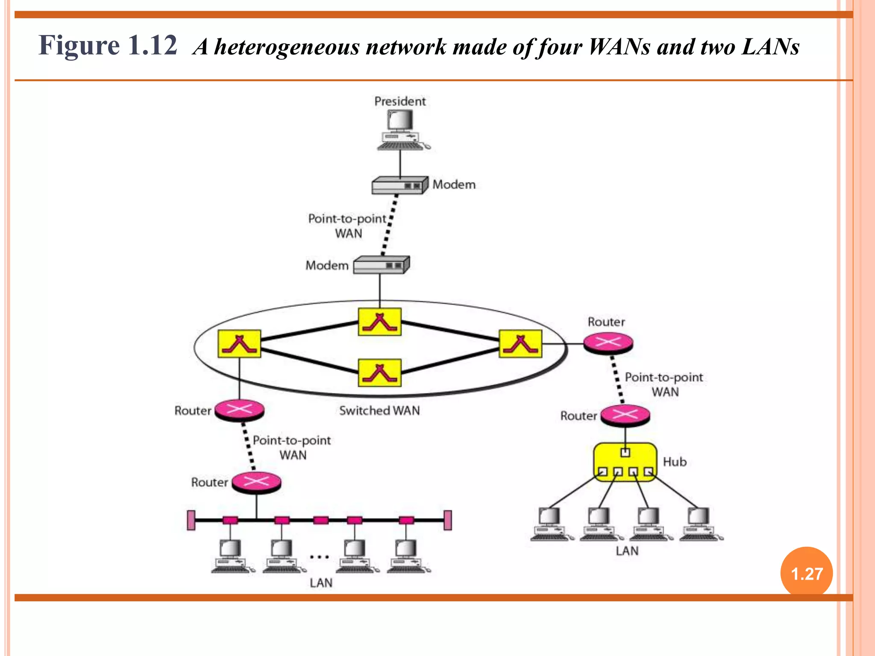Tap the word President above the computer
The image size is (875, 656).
(x=400, y=101)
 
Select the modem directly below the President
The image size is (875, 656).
(x=399, y=185)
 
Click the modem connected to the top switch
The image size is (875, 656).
(x=381, y=265)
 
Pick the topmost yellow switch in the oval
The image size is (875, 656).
(x=379, y=322)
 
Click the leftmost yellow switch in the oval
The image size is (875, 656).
(x=239, y=343)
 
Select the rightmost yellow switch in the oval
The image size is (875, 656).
(x=520, y=343)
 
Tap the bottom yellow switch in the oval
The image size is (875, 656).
(x=379, y=372)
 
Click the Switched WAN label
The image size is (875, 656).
(x=379, y=410)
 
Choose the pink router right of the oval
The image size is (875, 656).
(x=608, y=343)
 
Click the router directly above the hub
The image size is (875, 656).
(x=625, y=415)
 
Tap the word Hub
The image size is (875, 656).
(x=675, y=462)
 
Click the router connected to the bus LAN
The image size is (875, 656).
(x=256, y=482)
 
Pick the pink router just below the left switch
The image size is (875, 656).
(x=239, y=410)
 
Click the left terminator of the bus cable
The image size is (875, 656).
(x=191, y=520)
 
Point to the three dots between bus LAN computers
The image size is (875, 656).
(x=319, y=557)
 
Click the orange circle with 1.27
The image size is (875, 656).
(x=806, y=573)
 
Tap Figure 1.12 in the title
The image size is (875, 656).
(x=108, y=45)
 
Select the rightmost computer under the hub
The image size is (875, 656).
(x=699, y=524)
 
